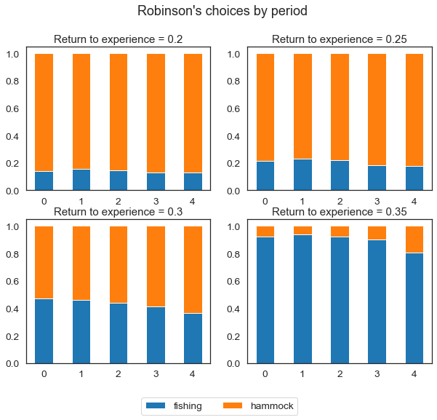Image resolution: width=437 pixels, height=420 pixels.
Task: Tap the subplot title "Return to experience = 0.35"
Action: (340, 212)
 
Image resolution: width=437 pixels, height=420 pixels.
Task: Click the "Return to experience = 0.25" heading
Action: (340, 39)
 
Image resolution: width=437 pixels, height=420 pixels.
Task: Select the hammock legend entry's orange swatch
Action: (231, 405)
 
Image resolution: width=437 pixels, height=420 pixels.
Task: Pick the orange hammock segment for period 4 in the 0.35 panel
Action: (413, 239)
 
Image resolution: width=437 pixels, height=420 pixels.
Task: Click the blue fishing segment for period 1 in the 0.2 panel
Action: (81, 180)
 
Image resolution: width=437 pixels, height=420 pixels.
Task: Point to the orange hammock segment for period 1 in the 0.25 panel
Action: (302, 106)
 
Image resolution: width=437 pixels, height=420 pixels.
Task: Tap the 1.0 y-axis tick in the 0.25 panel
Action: (236, 54)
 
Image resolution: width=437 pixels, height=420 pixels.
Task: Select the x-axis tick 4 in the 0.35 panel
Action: (413, 373)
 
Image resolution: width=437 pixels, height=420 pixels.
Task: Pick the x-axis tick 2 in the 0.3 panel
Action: (119, 373)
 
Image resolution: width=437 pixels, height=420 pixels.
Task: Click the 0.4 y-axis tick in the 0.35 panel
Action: (236, 309)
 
